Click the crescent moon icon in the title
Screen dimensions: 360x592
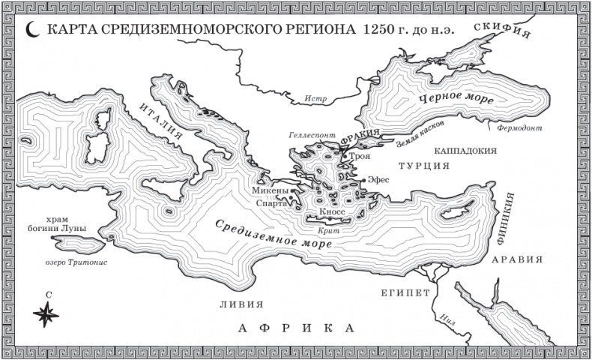pyautogui.click(x=32, y=32)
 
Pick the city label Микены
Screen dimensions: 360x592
pyautogui.click(x=268, y=191)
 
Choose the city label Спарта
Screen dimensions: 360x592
pyautogui.click(x=271, y=202)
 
